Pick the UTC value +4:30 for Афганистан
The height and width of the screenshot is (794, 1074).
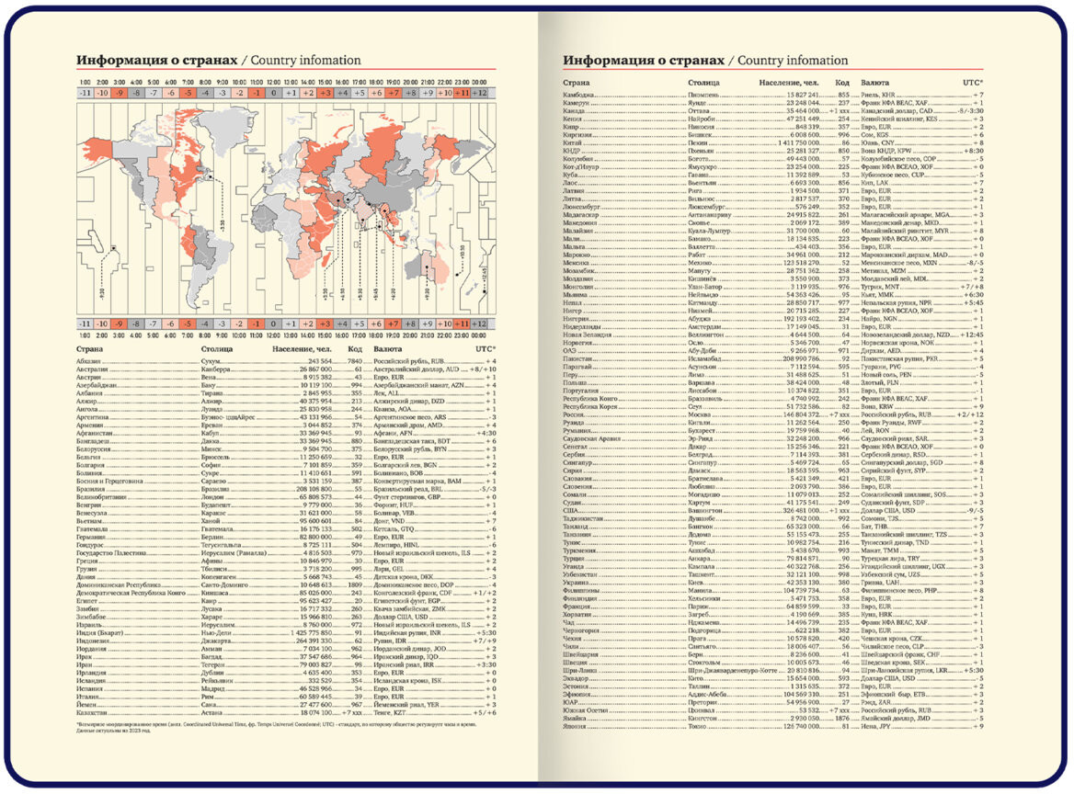pos(482,432)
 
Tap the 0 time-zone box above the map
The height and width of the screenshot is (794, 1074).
pos(273,93)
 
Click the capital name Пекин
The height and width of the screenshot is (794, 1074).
pos(699,144)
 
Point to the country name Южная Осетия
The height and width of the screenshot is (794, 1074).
pos(588,710)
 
